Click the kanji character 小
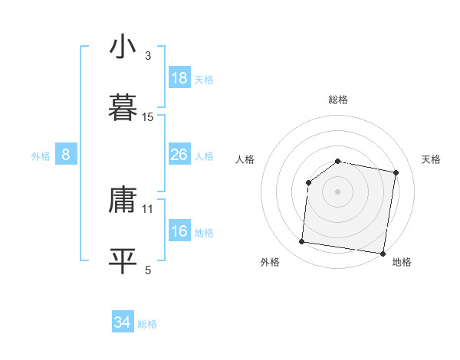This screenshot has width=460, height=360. pyautogui.click(x=123, y=47)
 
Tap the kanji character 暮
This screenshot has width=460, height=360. pyautogui.click(x=123, y=107)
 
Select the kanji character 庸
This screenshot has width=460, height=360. pyautogui.click(x=123, y=201)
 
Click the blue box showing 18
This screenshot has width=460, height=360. pyautogui.click(x=179, y=78)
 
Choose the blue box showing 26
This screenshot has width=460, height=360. pyautogui.click(x=179, y=155)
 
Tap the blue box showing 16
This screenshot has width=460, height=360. pyautogui.click(x=179, y=231)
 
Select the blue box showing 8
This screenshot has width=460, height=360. pyautogui.click(x=66, y=155)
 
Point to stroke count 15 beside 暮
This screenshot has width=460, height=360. pyautogui.click(x=148, y=117)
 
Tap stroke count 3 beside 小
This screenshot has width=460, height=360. pyautogui.click(x=148, y=56)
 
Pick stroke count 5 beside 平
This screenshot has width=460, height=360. pyautogui.click(x=148, y=270)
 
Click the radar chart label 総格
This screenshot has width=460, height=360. pyautogui.click(x=338, y=100)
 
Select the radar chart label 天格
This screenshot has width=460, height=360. pyautogui.click(x=431, y=159)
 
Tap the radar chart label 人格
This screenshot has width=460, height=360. pyautogui.click(x=245, y=159)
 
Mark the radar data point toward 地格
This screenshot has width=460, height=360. pyautogui.click(x=383, y=254)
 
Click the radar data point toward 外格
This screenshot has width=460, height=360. pyautogui.click(x=301, y=242)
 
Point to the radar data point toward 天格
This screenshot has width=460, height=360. pyautogui.click(x=396, y=173)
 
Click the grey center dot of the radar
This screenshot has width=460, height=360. pyautogui.click(x=338, y=191)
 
